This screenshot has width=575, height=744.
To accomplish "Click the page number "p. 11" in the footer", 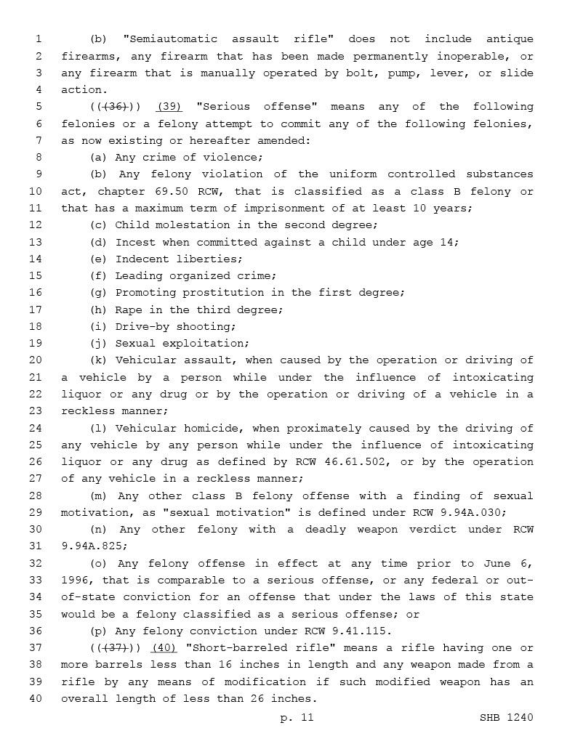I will point(297,718).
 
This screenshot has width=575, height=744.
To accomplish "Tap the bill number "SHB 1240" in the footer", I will point(506,718).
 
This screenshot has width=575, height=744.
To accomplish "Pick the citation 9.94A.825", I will point(92,546).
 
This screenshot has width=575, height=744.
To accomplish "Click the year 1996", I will point(76,581).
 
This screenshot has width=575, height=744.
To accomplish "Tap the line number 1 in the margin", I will point(39,39).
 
